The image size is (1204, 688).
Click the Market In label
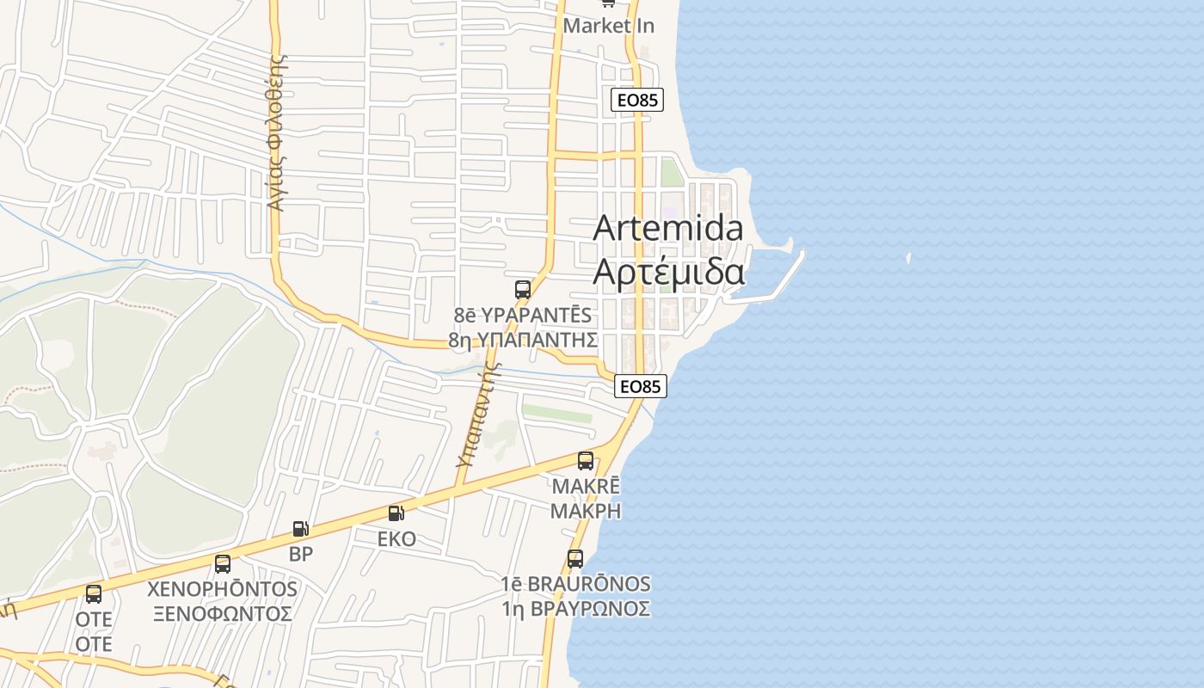tap(608, 26)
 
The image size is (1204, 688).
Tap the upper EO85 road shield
tap(637, 100)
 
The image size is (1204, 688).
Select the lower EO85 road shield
tap(642, 387)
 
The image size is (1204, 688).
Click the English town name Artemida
tap(668, 228)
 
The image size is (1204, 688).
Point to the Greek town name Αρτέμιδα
tap(668, 272)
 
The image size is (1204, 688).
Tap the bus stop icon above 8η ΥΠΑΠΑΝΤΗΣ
tap(522, 290)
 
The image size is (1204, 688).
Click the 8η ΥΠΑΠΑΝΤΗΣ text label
tap(523, 340)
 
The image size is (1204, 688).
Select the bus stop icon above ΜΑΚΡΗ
tap(586, 461)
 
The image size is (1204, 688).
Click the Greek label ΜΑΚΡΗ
tap(586, 511)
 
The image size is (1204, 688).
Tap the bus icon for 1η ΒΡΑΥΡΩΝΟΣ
tap(575, 559)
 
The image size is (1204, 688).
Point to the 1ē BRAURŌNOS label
tap(575, 585)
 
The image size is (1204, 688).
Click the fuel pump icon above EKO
tap(396, 513)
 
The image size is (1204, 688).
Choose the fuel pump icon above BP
tap(300, 529)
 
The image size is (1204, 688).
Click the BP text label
tap(301, 554)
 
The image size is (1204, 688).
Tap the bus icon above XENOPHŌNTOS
tap(223, 564)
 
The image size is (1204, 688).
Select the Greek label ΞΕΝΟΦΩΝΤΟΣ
tap(223, 614)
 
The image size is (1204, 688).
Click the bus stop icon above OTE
tap(94, 594)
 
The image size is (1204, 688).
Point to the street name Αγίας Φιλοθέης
tap(276, 133)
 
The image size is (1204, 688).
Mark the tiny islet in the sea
tap(909, 257)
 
